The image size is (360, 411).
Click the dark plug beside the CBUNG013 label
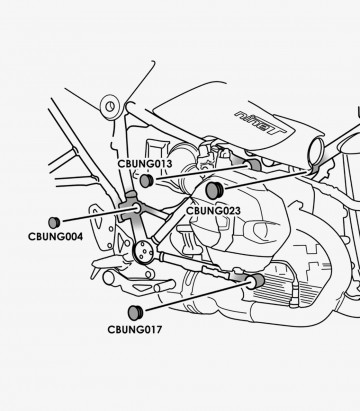pos(146,182)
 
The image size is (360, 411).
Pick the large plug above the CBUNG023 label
pos(212,190)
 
